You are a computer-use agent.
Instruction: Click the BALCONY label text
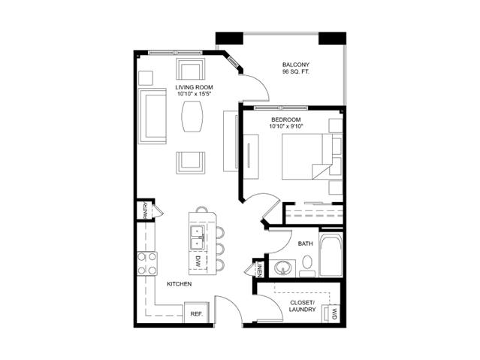click(296, 65)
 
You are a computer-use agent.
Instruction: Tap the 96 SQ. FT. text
click(296, 73)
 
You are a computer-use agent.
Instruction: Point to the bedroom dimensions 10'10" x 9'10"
click(285, 126)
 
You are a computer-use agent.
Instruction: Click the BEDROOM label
click(285, 119)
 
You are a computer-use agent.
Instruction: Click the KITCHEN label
click(179, 284)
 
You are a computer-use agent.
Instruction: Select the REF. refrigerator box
click(196, 313)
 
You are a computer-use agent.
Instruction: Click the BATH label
click(305, 244)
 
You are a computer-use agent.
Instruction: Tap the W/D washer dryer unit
click(331, 313)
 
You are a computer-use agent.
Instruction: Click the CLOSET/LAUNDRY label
click(303, 306)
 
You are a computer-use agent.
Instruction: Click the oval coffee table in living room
click(192, 117)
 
